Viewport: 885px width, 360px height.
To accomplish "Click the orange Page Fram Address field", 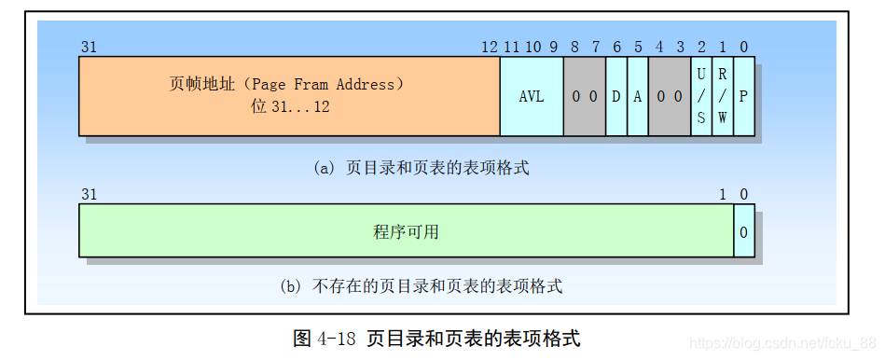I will (x=289, y=95).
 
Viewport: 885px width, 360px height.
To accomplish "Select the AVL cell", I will (x=531, y=96).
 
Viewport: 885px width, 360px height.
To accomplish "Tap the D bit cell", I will (x=616, y=96).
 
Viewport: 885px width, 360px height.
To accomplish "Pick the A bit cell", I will (x=638, y=96).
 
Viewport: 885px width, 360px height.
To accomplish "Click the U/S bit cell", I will (x=701, y=96).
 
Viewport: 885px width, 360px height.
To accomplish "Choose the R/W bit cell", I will (x=723, y=96).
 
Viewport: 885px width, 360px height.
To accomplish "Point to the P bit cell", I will (x=743, y=96).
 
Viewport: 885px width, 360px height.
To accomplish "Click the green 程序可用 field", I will (x=406, y=231).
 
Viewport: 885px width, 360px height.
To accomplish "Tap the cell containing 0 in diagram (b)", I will (x=744, y=231).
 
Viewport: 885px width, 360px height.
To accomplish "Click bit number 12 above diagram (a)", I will (x=490, y=47).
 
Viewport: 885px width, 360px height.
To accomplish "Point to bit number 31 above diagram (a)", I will (x=90, y=47).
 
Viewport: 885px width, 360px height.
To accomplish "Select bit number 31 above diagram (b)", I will (x=90, y=194).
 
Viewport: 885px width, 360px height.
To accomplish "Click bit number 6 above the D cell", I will (x=616, y=47).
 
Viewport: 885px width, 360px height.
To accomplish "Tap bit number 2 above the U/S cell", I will (x=701, y=47).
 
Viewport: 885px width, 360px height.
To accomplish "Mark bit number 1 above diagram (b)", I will (x=723, y=194).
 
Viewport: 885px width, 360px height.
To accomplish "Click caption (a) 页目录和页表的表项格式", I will (x=422, y=168).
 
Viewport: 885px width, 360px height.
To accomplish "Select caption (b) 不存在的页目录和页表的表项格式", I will (x=421, y=286).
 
